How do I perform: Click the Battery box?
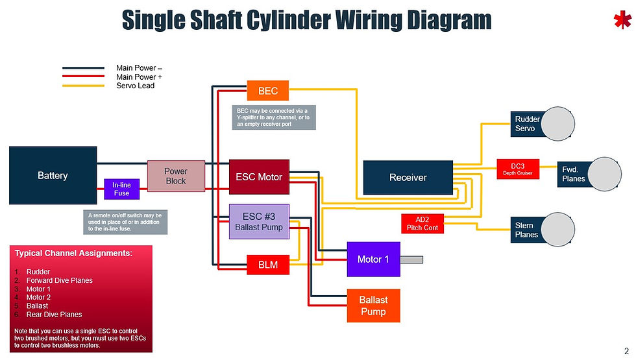point(53,176)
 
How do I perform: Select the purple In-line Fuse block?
point(121,189)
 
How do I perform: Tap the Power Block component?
point(176,176)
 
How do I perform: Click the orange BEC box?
point(268,91)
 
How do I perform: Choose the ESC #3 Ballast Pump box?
point(259,221)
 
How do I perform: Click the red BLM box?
point(267,265)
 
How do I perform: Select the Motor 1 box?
point(373,259)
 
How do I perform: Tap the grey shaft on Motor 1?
point(411,259)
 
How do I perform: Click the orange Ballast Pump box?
point(373,306)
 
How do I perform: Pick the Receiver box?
point(408,177)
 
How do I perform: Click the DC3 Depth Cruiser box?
point(518,169)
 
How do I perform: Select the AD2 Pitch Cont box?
point(422,223)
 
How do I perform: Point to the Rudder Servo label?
point(526,124)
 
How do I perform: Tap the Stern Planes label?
point(526,230)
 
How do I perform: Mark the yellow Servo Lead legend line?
point(84,86)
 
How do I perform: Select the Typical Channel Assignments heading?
point(73,253)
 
